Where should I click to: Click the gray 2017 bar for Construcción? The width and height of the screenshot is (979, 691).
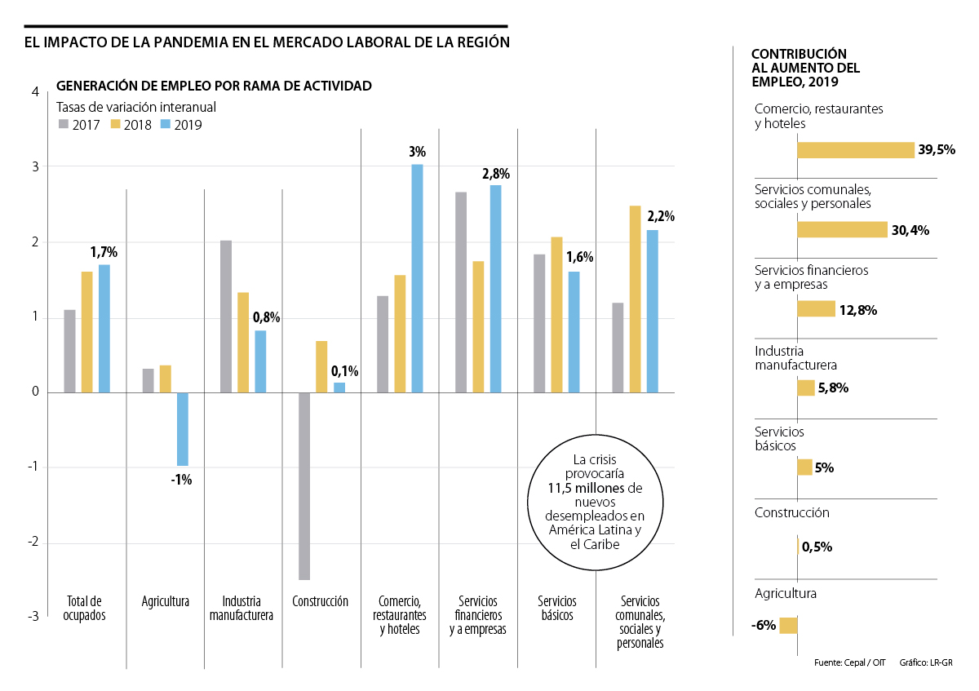[304, 486]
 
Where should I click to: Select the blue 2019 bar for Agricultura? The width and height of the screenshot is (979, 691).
[182, 429]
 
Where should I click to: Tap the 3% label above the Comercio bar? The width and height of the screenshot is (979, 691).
[417, 152]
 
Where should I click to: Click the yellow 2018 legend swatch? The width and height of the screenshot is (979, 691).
[115, 125]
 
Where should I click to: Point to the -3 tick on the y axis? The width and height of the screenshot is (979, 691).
[34, 617]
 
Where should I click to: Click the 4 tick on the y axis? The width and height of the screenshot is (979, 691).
[34, 92]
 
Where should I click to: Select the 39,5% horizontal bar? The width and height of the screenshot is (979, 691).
[855, 150]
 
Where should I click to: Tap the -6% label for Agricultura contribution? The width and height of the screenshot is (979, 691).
[764, 626]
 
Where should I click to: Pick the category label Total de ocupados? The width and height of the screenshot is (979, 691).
[84, 609]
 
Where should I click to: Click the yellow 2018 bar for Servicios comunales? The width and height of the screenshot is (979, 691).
[635, 299]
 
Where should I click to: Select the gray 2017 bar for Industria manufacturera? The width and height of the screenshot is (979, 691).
[226, 317]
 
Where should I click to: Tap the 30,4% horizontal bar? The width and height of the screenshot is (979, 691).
[842, 230]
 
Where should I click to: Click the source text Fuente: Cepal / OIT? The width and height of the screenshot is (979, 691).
[849, 662]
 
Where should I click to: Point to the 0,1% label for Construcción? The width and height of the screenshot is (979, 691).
[343, 371]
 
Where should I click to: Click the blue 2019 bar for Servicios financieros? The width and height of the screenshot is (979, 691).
[495, 289]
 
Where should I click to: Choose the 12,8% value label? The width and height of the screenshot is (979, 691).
[858, 310]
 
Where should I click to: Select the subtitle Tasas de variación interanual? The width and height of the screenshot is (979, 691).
[135, 107]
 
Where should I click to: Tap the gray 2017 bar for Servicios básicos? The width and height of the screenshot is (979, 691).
[538, 323]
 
